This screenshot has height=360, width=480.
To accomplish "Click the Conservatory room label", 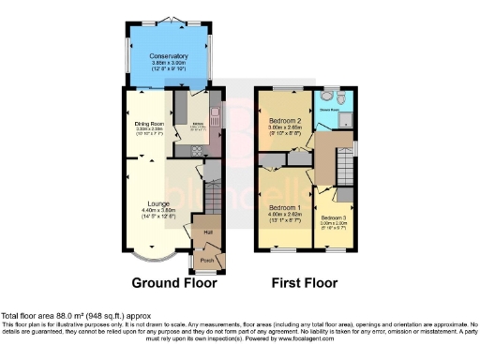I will (169, 56).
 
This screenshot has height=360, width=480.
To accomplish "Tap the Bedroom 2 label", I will (285, 122).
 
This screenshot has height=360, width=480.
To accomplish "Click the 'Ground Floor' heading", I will (174, 282).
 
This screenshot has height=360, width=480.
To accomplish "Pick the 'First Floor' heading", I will (305, 282).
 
